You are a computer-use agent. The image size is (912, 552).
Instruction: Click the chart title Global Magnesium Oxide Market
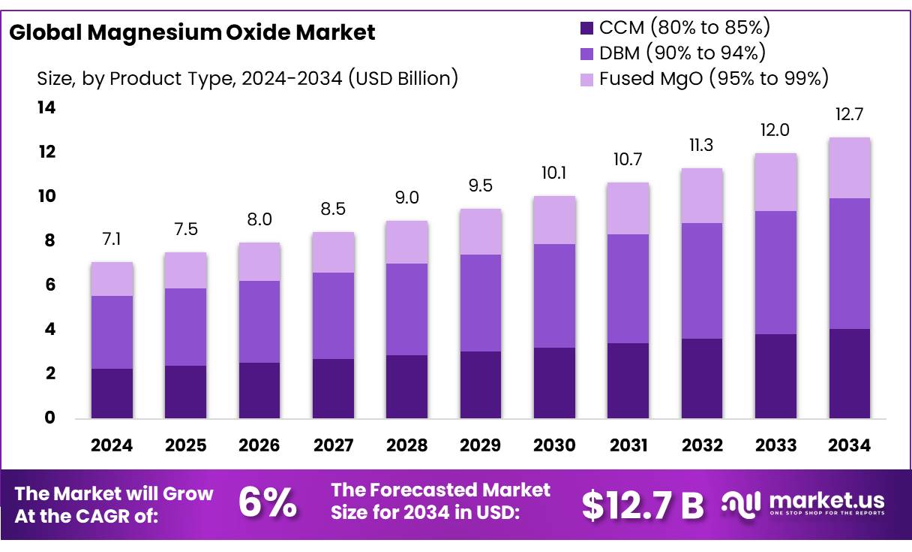(x=192, y=32)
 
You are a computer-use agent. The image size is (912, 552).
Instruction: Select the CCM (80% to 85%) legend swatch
(x=586, y=29)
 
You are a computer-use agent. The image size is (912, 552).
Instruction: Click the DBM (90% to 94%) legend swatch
(x=586, y=53)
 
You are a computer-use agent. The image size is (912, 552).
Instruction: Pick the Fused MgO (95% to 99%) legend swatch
(x=586, y=78)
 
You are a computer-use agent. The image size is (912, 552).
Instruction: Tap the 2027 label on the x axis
(x=333, y=445)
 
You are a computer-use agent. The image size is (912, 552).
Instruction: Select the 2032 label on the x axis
(x=703, y=445)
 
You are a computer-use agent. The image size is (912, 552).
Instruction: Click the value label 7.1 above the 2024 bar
(x=112, y=240)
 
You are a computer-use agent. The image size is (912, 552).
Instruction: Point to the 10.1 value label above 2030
(x=555, y=173)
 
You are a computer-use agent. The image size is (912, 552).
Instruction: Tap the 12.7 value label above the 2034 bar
(x=850, y=115)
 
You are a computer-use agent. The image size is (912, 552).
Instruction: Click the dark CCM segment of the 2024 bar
(x=112, y=393)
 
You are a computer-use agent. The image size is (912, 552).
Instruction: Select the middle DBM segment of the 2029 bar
(x=481, y=303)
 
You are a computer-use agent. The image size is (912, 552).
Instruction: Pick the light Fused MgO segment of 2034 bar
(x=850, y=167)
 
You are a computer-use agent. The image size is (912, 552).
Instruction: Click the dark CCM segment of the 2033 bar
(x=776, y=376)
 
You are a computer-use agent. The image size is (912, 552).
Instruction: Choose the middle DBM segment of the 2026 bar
(x=259, y=321)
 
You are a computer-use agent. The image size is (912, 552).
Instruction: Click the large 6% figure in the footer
(x=267, y=503)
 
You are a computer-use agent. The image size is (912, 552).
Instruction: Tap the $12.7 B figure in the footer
(x=643, y=505)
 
